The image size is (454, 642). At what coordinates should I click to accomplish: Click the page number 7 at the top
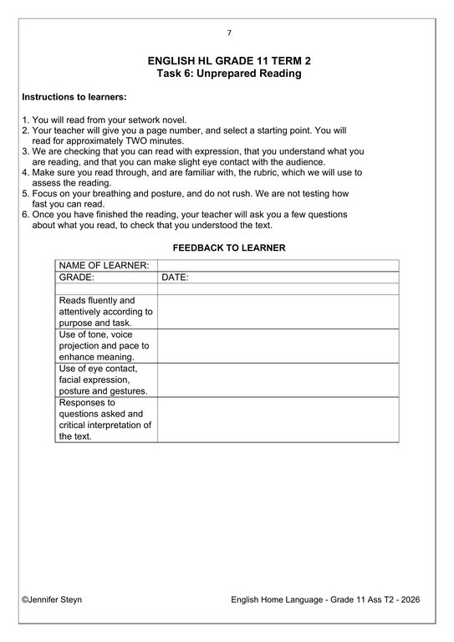(229, 33)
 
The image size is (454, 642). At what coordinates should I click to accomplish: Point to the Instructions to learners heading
(74, 98)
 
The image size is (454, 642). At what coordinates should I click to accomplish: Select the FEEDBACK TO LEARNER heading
(228, 247)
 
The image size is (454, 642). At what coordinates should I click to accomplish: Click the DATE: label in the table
(175, 277)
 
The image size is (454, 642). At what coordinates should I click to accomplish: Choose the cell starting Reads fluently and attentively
(106, 311)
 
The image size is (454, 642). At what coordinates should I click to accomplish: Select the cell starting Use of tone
(106, 345)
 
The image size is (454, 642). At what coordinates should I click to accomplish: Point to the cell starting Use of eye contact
(106, 379)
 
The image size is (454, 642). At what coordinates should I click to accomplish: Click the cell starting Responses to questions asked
(106, 419)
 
